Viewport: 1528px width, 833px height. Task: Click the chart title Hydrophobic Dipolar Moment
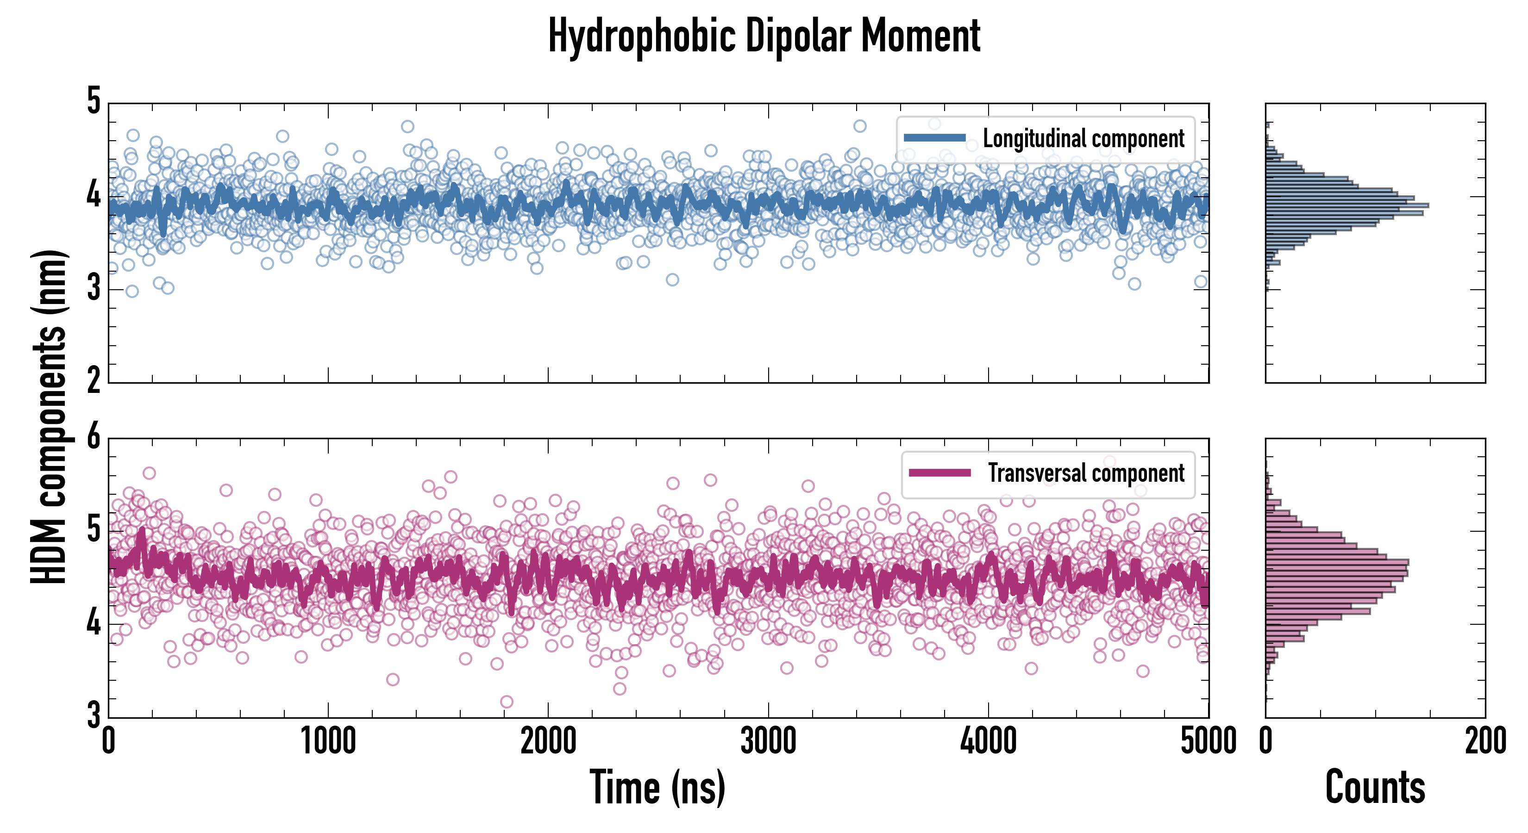(764, 36)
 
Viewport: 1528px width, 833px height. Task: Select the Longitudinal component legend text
(1083, 139)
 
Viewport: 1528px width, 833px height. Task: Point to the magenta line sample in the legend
(939, 473)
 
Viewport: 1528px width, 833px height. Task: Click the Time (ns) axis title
(657, 787)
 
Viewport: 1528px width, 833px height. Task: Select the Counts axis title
(1375, 787)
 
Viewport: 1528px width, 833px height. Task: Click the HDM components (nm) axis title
(49, 417)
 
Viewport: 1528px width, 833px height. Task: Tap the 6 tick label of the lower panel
(94, 438)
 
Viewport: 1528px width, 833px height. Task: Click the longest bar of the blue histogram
(1346, 205)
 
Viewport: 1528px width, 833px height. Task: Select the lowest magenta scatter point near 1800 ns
(507, 702)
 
